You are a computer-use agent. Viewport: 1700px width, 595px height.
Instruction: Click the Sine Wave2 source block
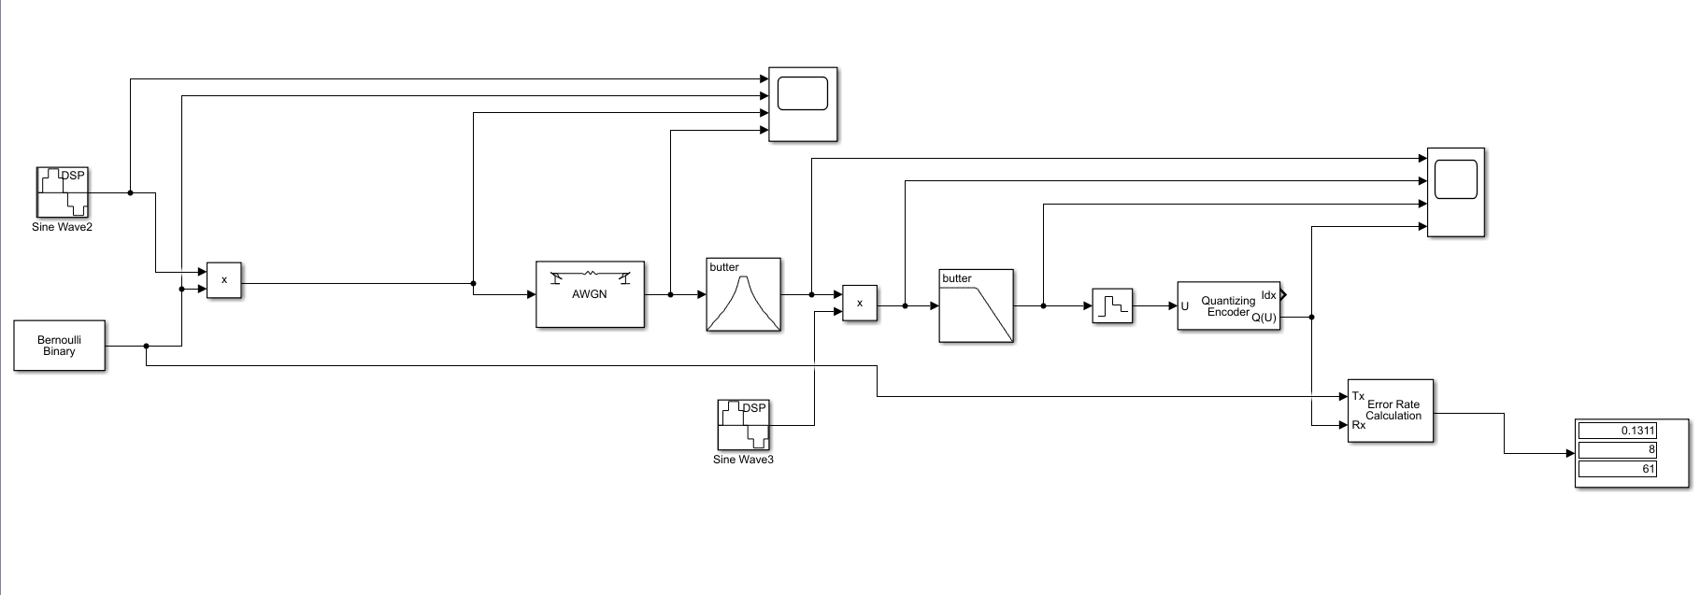point(62,192)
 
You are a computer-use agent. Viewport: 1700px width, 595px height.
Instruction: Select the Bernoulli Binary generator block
point(59,346)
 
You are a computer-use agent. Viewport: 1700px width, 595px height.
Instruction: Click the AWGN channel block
point(590,294)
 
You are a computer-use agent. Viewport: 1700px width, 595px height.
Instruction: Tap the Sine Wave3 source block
point(743,425)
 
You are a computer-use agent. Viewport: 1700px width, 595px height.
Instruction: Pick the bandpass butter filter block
point(743,294)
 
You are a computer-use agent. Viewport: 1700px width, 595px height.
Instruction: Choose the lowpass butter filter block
point(976,306)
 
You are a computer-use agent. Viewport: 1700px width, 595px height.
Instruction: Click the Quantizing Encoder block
point(1228,305)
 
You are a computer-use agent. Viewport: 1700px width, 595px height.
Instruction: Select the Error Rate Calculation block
point(1390,411)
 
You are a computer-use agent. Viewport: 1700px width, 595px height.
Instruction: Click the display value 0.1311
point(1617,431)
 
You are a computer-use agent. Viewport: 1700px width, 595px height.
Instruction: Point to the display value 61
point(1617,469)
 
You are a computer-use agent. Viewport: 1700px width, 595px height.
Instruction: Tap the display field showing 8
point(1617,449)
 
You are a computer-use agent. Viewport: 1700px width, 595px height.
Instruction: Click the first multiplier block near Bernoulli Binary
point(223,279)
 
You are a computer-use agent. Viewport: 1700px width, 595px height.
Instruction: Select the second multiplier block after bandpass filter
point(860,303)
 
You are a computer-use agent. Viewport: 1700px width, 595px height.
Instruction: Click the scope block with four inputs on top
point(803,104)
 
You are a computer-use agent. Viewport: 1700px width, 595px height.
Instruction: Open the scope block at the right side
point(1455,191)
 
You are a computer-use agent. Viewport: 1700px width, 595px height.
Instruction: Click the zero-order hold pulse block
point(1112,305)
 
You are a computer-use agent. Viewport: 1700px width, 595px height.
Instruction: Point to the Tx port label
point(1358,396)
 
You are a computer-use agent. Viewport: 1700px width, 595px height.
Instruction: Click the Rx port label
point(1358,425)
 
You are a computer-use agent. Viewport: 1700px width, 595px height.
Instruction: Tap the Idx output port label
point(1268,295)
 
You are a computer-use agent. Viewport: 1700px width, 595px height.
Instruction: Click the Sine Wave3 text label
point(743,460)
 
